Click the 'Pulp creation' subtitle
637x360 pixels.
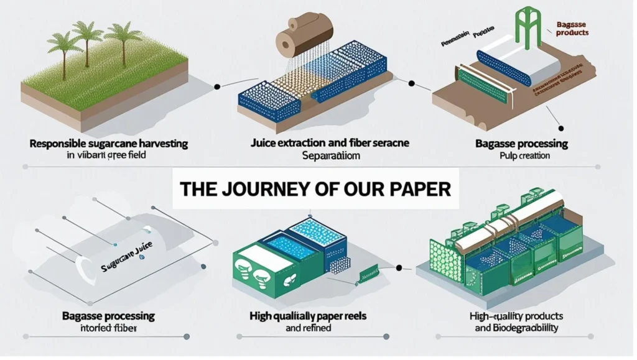click(525, 156)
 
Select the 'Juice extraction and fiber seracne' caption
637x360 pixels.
click(321, 144)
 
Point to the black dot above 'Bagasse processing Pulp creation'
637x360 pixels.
click(561, 129)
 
